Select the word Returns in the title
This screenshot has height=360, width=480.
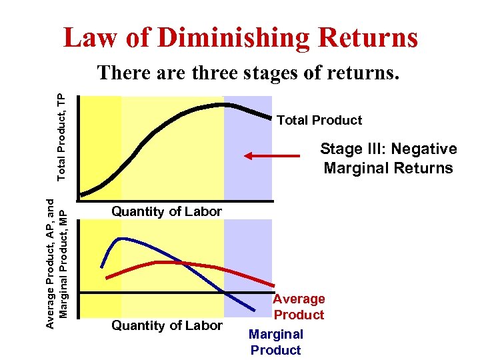tap(368, 37)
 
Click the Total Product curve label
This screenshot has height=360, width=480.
tap(319, 120)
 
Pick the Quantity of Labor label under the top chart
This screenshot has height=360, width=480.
tap(167, 211)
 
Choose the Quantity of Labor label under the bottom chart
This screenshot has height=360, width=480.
tap(167, 325)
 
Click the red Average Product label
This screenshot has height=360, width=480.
tap(299, 307)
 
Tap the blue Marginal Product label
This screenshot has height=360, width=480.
tap(276, 342)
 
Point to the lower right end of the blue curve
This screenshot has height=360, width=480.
tap(256, 311)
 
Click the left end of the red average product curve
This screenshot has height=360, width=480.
tap(107, 275)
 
